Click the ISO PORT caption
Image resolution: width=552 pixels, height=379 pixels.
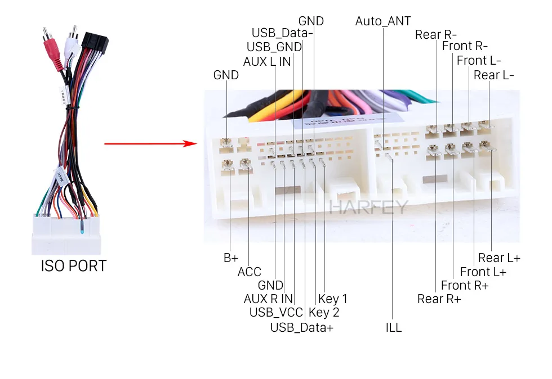pos(73,265)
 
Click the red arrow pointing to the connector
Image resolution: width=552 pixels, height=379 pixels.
pos(151,144)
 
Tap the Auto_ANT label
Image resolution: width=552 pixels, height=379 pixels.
pos(383,21)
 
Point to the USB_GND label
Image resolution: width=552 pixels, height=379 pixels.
pos(274,47)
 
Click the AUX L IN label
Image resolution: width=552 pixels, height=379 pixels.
pos(267,61)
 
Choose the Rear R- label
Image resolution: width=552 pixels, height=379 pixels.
pos(436,35)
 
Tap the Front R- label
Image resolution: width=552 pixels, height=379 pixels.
pos(465,46)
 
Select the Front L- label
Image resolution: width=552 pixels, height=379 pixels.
pos(479,60)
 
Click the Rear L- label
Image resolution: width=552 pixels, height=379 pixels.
pos(494,75)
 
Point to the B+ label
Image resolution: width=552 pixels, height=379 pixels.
pos(231,258)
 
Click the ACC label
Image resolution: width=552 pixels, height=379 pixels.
pos(249,272)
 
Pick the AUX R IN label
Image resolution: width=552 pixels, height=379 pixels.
pos(268,299)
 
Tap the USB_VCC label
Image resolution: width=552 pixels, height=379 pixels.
pos(277,313)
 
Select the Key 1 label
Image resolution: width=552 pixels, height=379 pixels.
pos(333,299)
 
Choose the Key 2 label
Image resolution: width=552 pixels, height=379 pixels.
pos(324,313)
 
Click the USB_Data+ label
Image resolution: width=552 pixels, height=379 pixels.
pos(302,327)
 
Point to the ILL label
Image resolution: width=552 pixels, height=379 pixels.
pos(394,327)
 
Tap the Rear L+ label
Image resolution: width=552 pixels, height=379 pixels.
pos(499,258)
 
